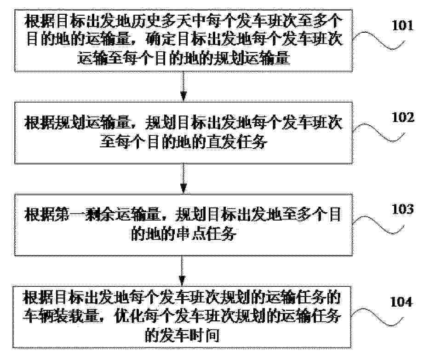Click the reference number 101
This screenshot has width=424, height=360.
[x=403, y=25]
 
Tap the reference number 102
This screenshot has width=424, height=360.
[x=403, y=117]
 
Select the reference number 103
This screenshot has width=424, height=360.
[x=403, y=209]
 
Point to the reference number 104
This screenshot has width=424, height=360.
[x=401, y=302]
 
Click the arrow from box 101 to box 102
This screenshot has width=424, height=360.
[x=183, y=87]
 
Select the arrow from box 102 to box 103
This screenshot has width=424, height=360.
[x=183, y=179]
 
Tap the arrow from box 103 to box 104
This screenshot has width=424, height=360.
[x=183, y=271]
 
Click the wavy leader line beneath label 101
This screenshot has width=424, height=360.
[x=378, y=41]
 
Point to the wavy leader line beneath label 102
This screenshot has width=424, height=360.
[x=378, y=133]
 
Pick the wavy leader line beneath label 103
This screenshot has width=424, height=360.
[x=378, y=225]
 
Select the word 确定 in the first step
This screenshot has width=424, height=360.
[x=160, y=40]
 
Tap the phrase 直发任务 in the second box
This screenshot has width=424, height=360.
[x=237, y=142]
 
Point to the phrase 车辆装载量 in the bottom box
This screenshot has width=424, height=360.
[x=61, y=316]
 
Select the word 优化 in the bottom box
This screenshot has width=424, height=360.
[x=129, y=316]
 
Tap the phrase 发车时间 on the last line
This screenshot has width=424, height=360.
[x=196, y=335]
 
